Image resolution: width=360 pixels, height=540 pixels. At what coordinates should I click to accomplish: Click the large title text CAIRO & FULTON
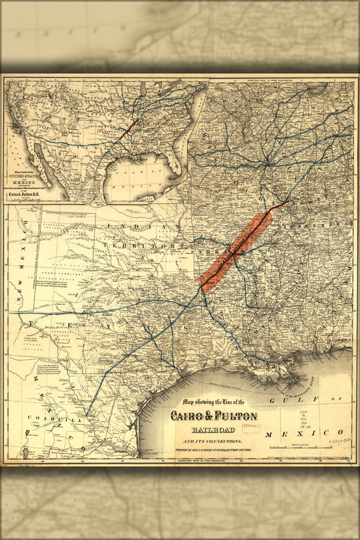point(213,416)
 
